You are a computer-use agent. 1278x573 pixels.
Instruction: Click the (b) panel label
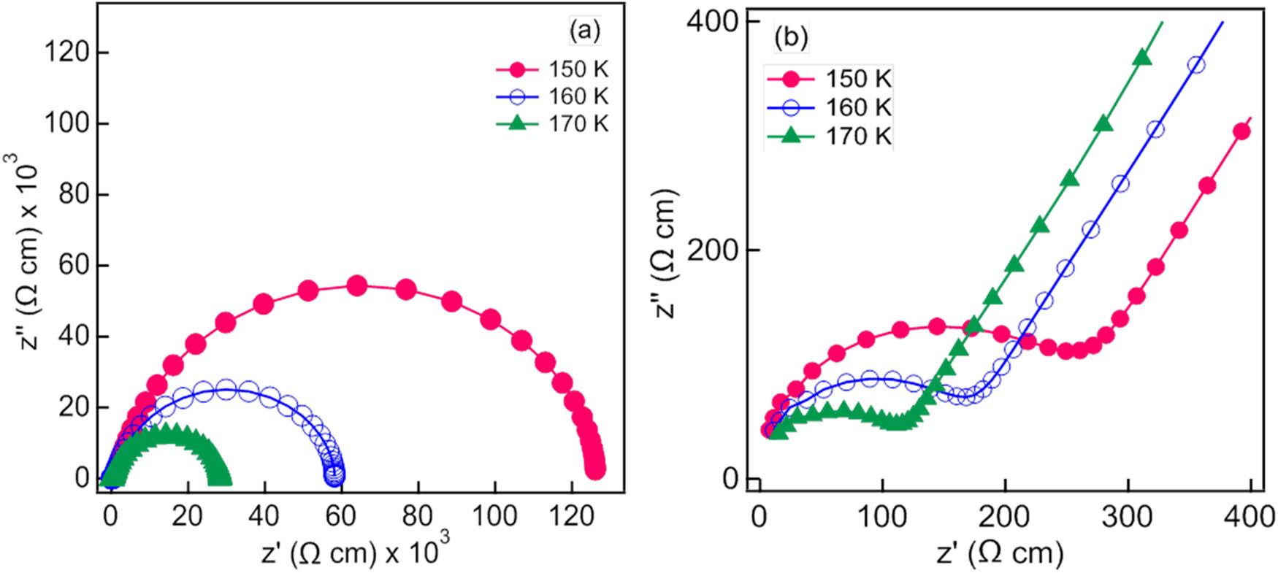[x=791, y=38]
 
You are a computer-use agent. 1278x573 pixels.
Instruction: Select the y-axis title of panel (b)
[x=667, y=253]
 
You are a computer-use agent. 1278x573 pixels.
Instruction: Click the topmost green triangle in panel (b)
[x=1143, y=59]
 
